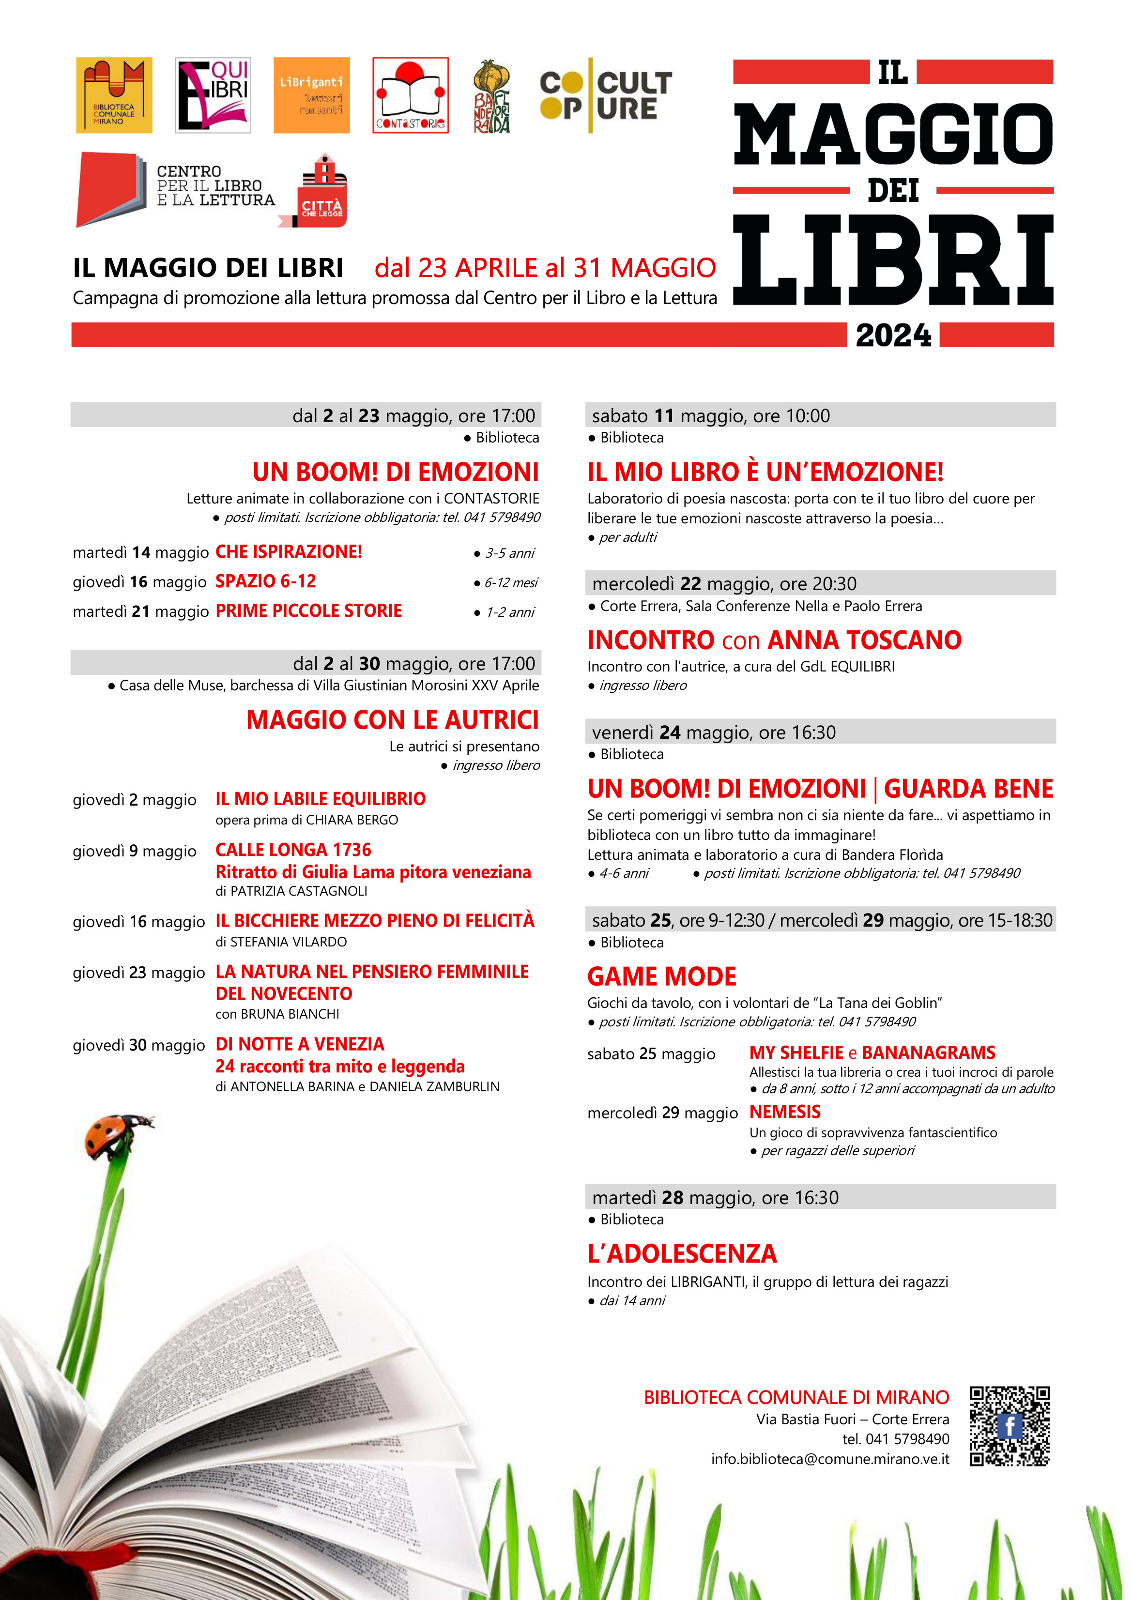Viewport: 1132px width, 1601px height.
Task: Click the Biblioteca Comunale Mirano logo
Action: tap(114, 95)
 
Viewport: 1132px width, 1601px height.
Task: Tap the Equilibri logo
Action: tap(213, 95)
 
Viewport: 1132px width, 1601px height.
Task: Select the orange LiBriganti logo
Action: tap(311, 95)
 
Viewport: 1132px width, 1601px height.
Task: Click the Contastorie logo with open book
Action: tap(410, 95)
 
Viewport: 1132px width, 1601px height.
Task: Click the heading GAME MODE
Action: tap(661, 976)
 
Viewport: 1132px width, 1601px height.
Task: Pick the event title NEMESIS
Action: tap(785, 1112)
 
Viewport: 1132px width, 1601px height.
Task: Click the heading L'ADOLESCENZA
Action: tap(681, 1254)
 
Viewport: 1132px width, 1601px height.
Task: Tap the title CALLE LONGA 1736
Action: tap(293, 849)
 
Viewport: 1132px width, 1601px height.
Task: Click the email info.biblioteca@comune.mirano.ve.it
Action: tap(830, 1459)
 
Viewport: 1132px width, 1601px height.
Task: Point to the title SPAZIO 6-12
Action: tap(265, 581)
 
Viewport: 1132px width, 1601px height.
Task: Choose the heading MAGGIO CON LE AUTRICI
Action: tap(392, 719)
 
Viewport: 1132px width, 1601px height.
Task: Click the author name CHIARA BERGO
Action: tap(352, 820)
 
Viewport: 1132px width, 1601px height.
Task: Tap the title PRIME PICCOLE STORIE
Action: tap(308, 611)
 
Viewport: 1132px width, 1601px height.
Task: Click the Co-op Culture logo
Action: tap(605, 95)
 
